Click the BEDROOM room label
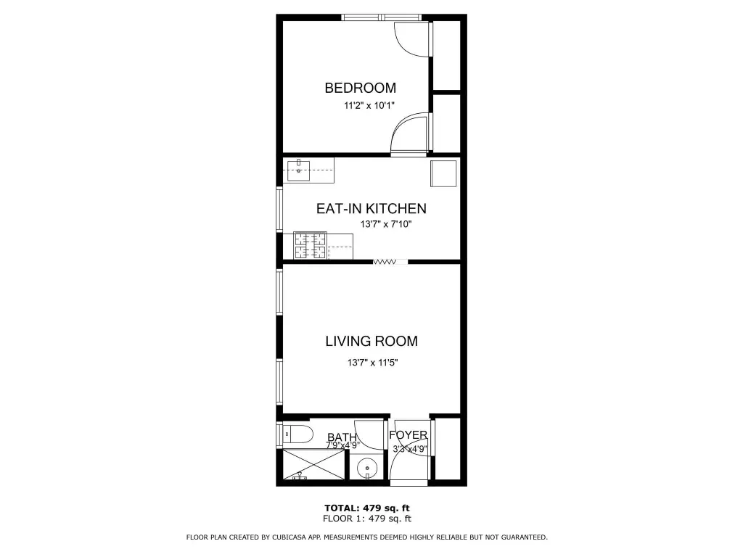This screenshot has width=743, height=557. pyautogui.click(x=360, y=88)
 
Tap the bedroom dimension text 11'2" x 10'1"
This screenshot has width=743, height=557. pyautogui.click(x=369, y=106)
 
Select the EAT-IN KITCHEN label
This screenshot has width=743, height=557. pyautogui.click(x=371, y=208)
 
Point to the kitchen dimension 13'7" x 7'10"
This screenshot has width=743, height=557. pyautogui.click(x=386, y=224)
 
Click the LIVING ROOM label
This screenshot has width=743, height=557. pyautogui.click(x=371, y=341)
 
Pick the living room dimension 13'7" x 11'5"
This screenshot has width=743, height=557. pyautogui.click(x=372, y=363)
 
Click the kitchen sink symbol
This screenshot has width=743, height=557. pyautogui.click(x=298, y=170)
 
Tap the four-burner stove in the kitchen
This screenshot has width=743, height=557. pyautogui.click(x=311, y=245)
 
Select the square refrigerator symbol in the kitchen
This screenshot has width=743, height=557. pyautogui.click(x=443, y=173)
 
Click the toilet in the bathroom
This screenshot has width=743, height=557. pyautogui.click(x=298, y=434)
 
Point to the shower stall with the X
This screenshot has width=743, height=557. pyautogui.click(x=313, y=465)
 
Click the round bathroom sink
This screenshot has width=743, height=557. pyautogui.click(x=367, y=468)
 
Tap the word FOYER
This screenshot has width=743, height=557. pyautogui.click(x=408, y=435)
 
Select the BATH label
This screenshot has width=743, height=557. pyautogui.click(x=342, y=437)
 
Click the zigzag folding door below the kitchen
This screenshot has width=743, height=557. pyautogui.click(x=385, y=262)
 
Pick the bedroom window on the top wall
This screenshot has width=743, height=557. pyautogui.click(x=382, y=17)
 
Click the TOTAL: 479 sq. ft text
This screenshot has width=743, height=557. pyautogui.click(x=366, y=508)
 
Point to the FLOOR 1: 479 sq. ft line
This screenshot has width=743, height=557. pyautogui.click(x=366, y=519)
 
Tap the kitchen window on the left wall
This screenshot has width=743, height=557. pyautogui.click(x=279, y=210)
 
